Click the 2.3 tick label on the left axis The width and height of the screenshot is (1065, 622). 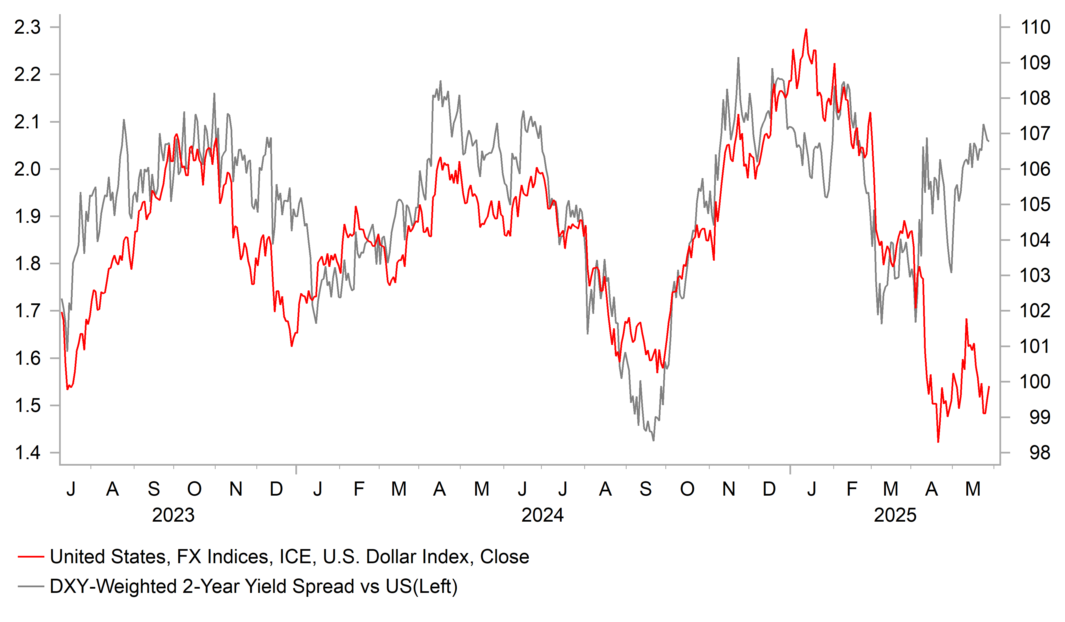pyautogui.click(x=27, y=27)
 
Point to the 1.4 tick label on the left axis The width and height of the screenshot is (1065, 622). pyautogui.click(x=27, y=453)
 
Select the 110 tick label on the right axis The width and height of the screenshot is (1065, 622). pyautogui.click(x=1035, y=27)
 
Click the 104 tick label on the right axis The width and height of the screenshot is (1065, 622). pyautogui.click(x=1035, y=240)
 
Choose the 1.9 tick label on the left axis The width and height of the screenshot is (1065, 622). pyautogui.click(x=27, y=217)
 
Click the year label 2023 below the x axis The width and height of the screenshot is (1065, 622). pyautogui.click(x=173, y=515)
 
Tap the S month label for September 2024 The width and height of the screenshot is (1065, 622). pyautogui.click(x=645, y=489)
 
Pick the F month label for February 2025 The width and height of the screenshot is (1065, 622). pyautogui.click(x=852, y=489)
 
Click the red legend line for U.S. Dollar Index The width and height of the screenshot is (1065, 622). pyautogui.click(x=31, y=557)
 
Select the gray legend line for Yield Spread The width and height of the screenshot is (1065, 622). pyautogui.click(x=31, y=586)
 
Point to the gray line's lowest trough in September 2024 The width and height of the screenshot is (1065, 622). pyautogui.click(x=653, y=440)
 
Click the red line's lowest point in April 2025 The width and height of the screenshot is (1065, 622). pyautogui.click(x=938, y=442)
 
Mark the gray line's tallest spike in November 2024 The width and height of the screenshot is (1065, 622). pyautogui.click(x=738, y=58)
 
